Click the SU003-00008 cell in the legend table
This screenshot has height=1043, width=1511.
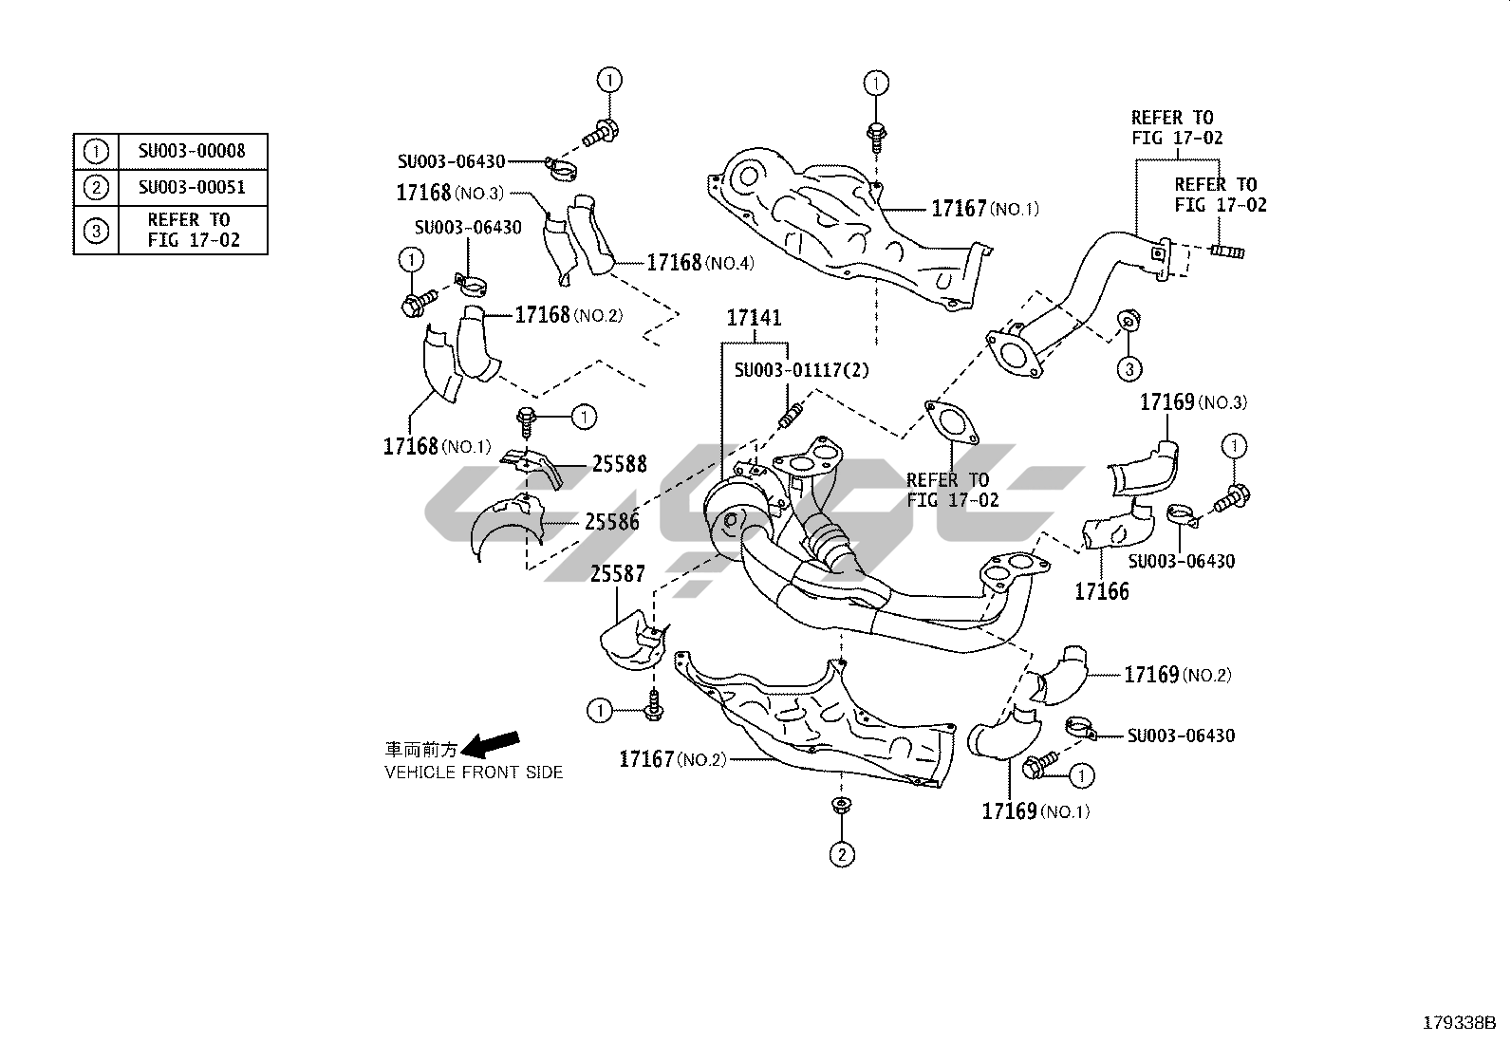click(x=191, y=151)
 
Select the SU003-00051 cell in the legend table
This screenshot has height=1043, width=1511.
click(x=191, y=187)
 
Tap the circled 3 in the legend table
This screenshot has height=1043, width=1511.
click(x=96, y=230)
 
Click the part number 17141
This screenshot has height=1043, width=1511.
click(x=755, y=318)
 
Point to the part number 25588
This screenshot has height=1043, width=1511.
click(x=619, y=464)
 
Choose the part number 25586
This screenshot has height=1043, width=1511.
click(x=612, y=521)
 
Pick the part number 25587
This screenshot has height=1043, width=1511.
click(x=617, y=574)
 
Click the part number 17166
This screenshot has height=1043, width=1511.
click(x=1102, y=592)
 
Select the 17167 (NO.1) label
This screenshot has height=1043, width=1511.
click(x=984, y=209)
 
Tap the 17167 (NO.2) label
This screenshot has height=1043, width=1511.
click(x=672, y=759)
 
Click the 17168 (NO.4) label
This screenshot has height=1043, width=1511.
click(x=700, y=263)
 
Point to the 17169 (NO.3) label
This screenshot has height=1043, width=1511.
click(x=1193, y=402)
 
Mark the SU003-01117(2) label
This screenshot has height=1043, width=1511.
click(x=801, y=369)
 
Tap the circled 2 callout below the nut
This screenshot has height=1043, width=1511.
click(x=842, y=854)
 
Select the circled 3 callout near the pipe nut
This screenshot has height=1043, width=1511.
click(x=1129, y=368)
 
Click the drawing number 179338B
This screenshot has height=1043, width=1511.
click(x=1458, y=1023)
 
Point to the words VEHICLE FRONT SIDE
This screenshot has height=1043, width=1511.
click(x=474, y=773)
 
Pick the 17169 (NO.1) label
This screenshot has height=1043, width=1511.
click(x=1035, y=811)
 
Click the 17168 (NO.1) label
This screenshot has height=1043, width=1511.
click(x=437, y=446)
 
